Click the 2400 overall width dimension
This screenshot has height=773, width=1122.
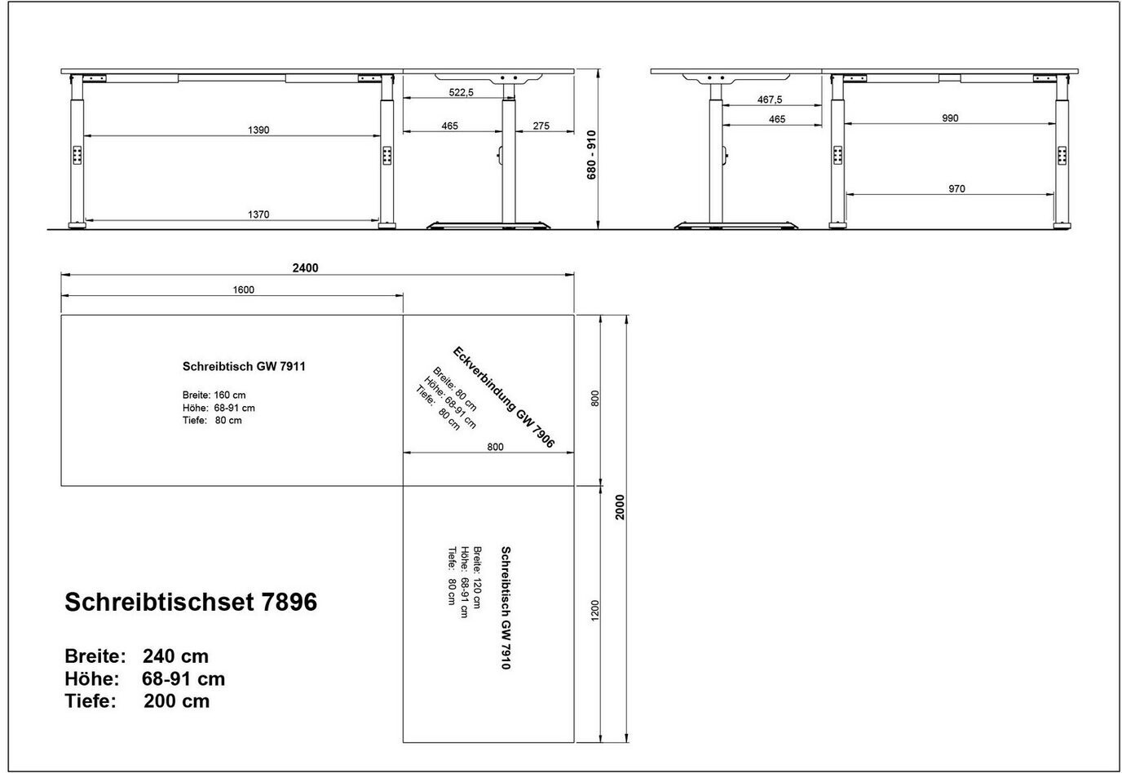305,268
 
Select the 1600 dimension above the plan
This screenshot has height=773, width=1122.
244,289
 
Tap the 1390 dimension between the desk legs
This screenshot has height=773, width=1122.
258,130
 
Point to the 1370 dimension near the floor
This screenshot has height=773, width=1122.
258,214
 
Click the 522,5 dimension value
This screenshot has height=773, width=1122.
461,93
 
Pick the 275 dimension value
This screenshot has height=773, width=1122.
541,126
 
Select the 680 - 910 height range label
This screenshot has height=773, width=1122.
591,155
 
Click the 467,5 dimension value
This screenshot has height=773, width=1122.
770,99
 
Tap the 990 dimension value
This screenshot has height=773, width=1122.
950,118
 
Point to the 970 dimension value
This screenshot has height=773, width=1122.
956,189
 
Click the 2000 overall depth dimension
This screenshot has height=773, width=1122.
620,507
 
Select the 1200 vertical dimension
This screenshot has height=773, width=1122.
595,611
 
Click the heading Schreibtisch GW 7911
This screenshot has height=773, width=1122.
244,366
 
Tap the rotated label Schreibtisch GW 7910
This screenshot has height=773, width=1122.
506,607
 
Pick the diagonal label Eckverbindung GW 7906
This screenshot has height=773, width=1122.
504,397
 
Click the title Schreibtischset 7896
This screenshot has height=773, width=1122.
191,602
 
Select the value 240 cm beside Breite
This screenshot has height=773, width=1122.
176,656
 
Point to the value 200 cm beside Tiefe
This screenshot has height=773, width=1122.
177,701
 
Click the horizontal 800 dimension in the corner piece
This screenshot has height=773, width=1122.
495,447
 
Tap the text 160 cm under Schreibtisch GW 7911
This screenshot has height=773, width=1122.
230,395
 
